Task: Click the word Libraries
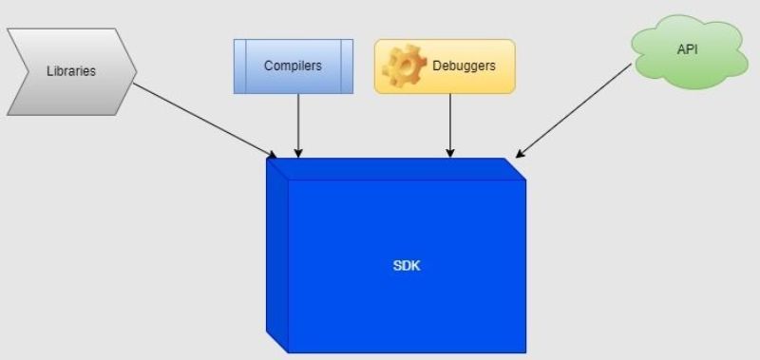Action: point(71,71)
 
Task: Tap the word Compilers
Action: point(293,66)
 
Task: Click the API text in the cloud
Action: point(687,49)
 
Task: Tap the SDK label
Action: point(407,266)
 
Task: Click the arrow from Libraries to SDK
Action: point(204,120)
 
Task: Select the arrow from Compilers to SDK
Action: point(298,123)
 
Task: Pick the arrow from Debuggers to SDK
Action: point(450,123)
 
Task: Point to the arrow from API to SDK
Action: point(575,109)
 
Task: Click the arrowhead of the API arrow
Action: point(519,153)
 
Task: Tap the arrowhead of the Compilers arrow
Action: point(298,152)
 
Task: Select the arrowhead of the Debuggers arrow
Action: point(450,152)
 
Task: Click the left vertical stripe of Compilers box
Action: point(240,66)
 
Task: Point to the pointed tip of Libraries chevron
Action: point(136,71)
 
